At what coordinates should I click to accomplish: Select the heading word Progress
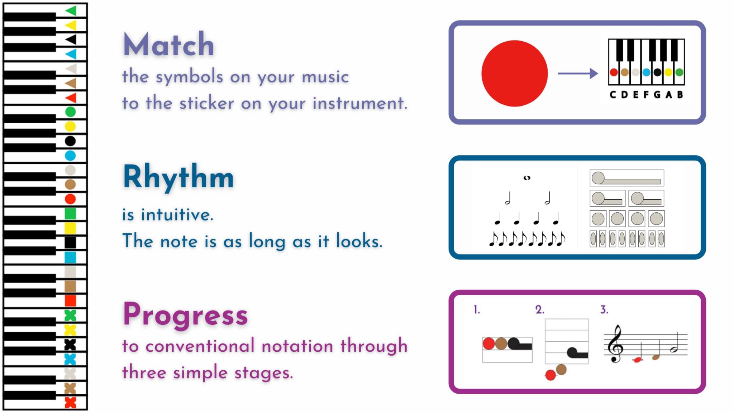click(185, 314)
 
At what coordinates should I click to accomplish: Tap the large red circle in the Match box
click(514, 73)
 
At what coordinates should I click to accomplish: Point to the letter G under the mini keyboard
click(657, 95)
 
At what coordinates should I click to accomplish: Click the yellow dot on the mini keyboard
click(668, 72)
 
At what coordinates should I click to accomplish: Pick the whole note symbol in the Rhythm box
click(527, 177)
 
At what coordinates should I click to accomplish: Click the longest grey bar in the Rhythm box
click(627, 178)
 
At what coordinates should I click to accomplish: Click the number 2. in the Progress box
click(540, 310)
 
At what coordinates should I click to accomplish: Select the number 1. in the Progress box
click(477, 310)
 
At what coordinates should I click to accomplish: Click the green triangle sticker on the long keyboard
click(71, 11)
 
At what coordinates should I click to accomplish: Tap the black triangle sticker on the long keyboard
click(71, 39)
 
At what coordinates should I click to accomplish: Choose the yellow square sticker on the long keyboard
click(70, 228)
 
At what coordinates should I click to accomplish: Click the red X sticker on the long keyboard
click(70, 403)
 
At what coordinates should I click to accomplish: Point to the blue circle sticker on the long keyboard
click(70, 156)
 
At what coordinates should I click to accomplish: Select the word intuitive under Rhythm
click(177, 215)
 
